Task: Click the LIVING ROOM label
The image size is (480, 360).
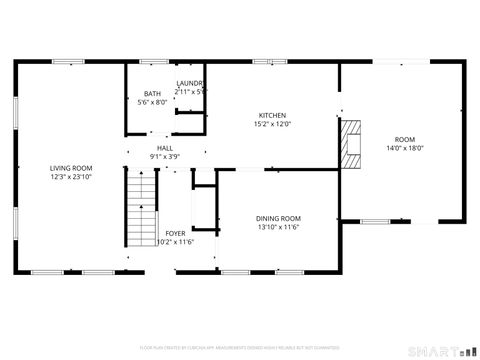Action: pyautogui.click(x=72, y=168)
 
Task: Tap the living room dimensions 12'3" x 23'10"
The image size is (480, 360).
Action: pyautogui.click(x=72, y=177)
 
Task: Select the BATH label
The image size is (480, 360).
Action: pyautogui.click(x=151, y=94)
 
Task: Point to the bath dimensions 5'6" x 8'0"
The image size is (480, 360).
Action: pyautogui.click(x=151, y=102)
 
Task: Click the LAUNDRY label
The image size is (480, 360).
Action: pyautogui.click(x=190, y=83)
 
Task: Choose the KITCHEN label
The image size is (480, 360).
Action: pyautogui.click(x=273, y=116)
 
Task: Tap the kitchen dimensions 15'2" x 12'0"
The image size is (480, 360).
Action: pyautogui.click(x=273, y=125)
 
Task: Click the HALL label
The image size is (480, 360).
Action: pyautogui.click(x=165, y=147)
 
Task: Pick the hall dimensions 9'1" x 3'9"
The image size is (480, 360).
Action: pyautogui.click(x=165, y=156)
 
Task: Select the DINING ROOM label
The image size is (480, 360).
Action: pyautogui.click(x=278, y=218)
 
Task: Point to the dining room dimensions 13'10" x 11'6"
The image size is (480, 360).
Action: pyautogui.click(x=278, y=227)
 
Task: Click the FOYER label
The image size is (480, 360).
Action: pyautogui.click(x=175, y=233)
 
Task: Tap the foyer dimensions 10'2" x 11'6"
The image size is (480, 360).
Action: pyautogui.click(x=175, y=242)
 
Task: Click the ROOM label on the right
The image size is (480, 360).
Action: pyautogui.click(x=404, y=139)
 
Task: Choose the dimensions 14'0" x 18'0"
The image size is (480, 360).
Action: pyautogui.click(x=404, y=148)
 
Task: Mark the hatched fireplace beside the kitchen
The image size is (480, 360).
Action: pyautogui.click(x=350, y=143)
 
